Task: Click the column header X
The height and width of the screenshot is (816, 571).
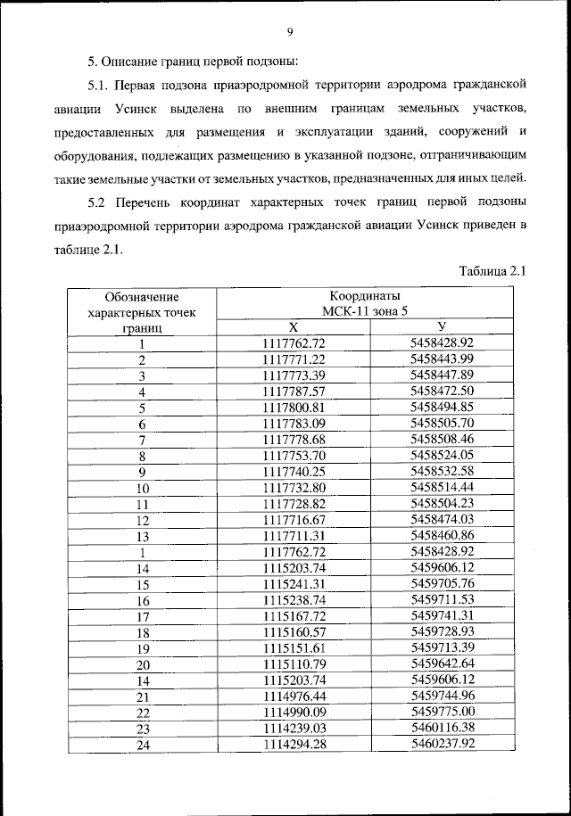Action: (294, 326)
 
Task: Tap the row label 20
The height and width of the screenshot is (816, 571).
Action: (141, 665)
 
